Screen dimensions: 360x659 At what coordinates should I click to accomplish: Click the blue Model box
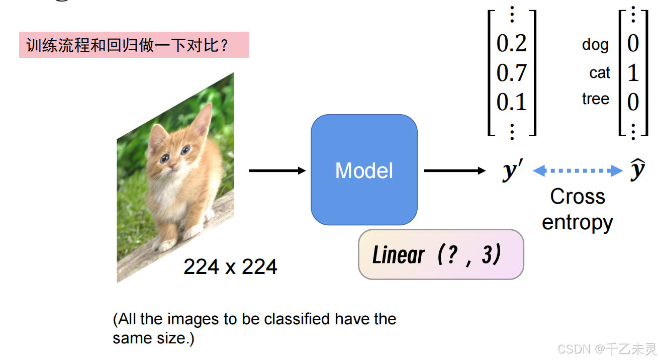click(x=364, y=170)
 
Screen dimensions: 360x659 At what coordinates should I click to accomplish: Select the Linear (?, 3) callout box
click(x=440, y=254)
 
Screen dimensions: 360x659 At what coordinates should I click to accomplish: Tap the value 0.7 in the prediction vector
click(x=511, y=73)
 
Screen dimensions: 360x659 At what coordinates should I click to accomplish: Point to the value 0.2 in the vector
click(x=511, y=44)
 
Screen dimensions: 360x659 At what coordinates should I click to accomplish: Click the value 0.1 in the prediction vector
click(x=511, y=103)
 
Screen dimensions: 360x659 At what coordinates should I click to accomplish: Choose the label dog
click(x=595, y=45)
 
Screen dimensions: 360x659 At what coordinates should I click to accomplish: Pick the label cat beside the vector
click(x=599, y=73)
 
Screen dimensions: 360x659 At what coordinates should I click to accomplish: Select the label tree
click(x=596, y=99)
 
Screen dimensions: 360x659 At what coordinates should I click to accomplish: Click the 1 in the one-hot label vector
click(x=633, y=73)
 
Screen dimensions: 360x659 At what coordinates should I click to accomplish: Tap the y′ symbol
click(x=512, y=171)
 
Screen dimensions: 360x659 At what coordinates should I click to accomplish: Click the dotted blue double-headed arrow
click(x=578, y=171)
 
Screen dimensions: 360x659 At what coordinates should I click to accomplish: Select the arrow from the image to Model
click(x=277, y=171)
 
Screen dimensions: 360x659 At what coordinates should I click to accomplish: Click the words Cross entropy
click(x=578, y=209)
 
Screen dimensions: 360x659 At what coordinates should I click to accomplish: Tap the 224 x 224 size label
click(x=230, y=266)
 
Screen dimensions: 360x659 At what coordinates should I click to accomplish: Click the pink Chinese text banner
click(x=134, y=45)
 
